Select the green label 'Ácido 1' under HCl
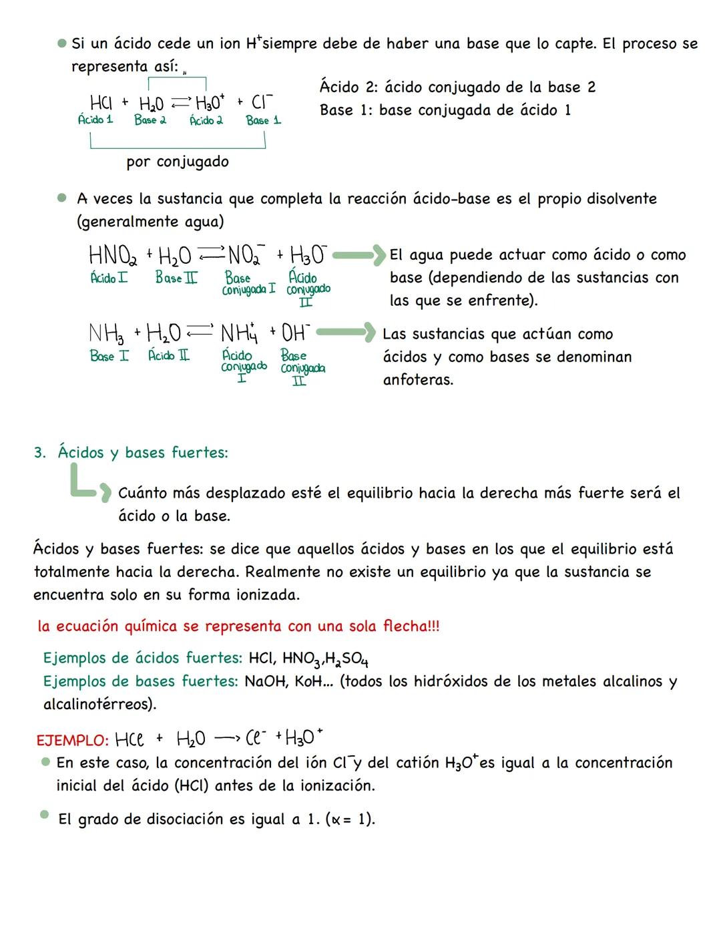pyautogui.click(x=95, y=120)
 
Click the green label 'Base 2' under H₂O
pyautogui.click(x=150, y=120)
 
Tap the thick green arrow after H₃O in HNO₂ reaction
pyautogui.click(x=359, y=254)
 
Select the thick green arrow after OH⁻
pyautogui.click(x=346, y=332)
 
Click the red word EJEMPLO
pyautogui.click(x=72, y=741)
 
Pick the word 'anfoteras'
pyautogui.click(x=418, y=380)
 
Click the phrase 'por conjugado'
pyautogui.click(x=178, y=162)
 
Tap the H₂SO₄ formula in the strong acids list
pyautogui.click(x=346, y=659)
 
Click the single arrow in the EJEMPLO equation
pyautogui.click(x=227, y=739)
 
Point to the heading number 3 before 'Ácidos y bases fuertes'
pyautogui.click(x=39, y=453)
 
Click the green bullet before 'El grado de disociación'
pyautogui.click(x=45, y=815)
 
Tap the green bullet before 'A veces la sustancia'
pyautogui.click(x=62, y=198)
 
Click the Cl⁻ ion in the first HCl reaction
pyautogui.click(x=262, y=103)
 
